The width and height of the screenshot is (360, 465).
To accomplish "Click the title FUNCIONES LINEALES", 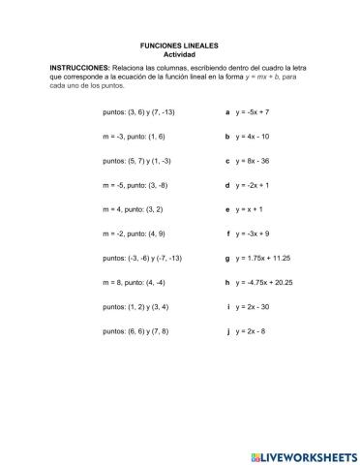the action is pyautogui.click(x=180, y=46).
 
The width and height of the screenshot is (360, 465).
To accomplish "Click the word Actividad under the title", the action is pyautogui.click(x=180, y=54).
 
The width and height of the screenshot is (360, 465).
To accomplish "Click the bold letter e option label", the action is pyautogui.click(x=227, y=208).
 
